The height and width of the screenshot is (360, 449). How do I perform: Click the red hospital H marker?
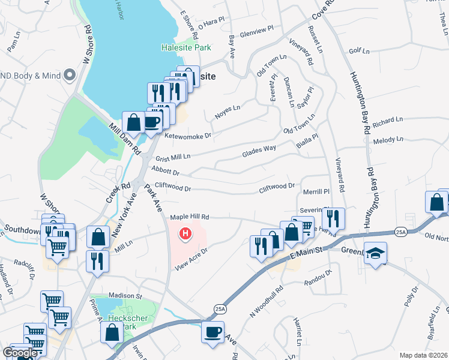pos(186,233)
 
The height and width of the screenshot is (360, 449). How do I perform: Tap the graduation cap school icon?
pos(375,253)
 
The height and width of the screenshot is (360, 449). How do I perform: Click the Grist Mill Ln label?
pos(173,157)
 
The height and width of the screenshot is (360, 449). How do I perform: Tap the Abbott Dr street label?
pos(166,172)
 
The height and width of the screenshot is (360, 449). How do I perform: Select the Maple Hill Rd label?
pos(189,217)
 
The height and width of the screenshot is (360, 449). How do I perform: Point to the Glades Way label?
pos(259,152)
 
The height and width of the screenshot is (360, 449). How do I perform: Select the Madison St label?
pos(125,296)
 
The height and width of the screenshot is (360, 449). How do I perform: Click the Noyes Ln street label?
pos(228,112)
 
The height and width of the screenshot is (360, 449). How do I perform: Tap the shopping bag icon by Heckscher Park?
pos(112,332)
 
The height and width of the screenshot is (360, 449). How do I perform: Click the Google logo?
pos(20,353)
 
